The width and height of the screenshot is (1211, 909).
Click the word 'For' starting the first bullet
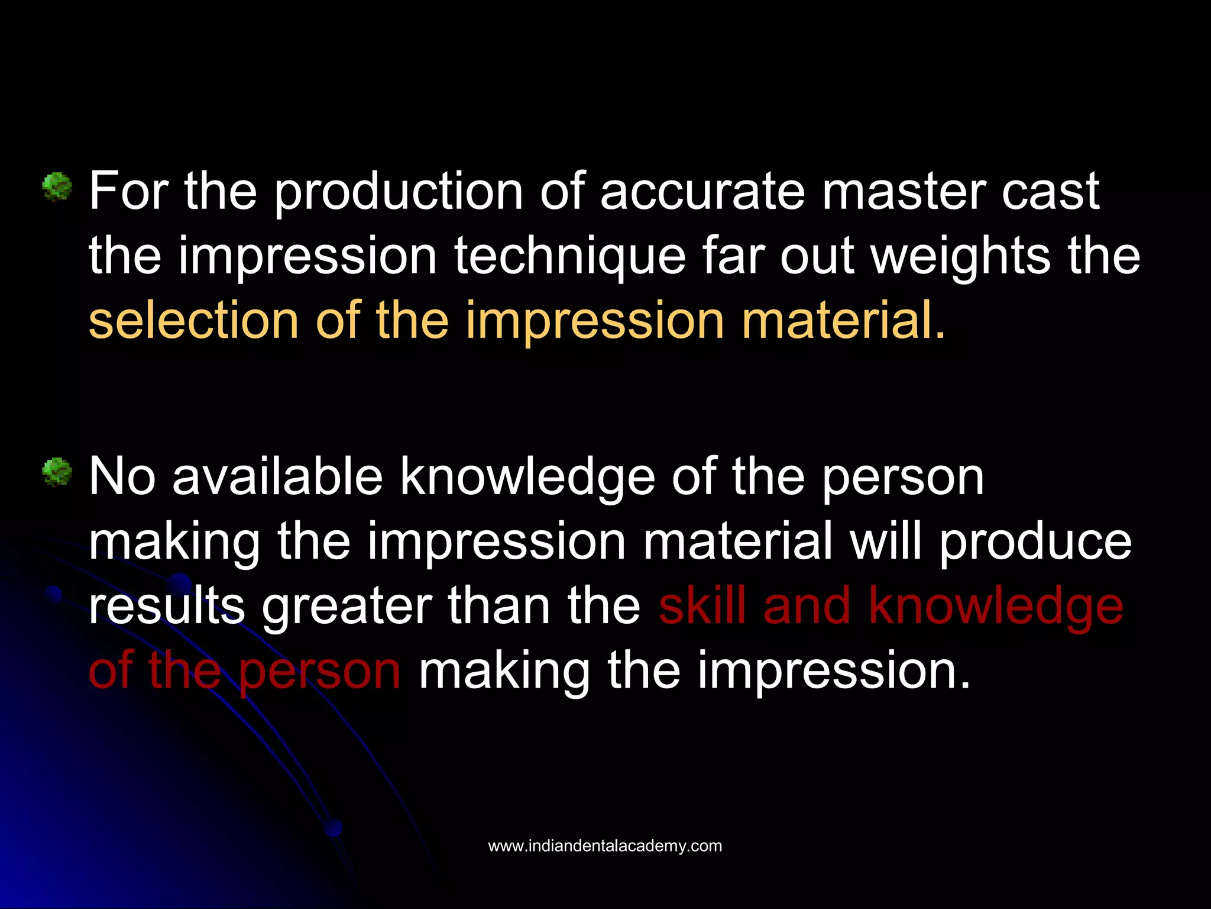[x=129, y=191]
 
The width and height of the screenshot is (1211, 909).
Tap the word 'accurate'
[x=702, y=191]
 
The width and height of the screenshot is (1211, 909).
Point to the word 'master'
[x=904, y=191]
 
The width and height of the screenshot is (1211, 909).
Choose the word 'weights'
[x=960, y=257]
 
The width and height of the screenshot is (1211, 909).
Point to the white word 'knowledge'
[x=527, y=478]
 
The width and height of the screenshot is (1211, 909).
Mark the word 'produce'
[x=1035, y=543]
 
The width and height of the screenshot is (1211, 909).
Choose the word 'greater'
[x=347, y=607]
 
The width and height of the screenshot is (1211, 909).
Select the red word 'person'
[x=319, y=672]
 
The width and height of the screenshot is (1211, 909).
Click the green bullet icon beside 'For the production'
[x=57, y=188]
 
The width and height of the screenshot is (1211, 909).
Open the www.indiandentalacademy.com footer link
[x=605, y=846]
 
